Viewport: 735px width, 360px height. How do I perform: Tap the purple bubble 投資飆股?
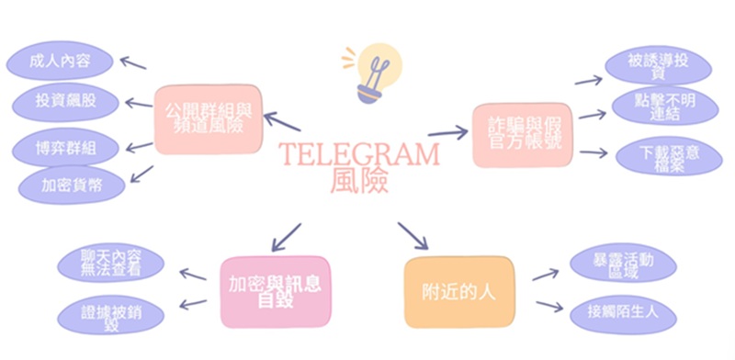tap(62, 99)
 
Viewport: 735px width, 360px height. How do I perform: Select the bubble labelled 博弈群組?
tap(62, 147)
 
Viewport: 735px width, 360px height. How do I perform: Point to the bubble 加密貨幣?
tap(71, 184)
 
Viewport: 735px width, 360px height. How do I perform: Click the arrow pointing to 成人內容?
tap(134, 63)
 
